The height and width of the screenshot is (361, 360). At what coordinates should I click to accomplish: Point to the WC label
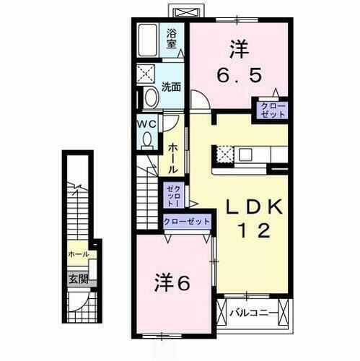pyautogui.click(x=147, y=123)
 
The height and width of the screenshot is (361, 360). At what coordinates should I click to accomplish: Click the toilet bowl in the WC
pyautogui.click(x=148, y=141)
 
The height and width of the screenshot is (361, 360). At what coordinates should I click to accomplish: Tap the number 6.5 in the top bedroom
pyautogui.click(x=239, y=74)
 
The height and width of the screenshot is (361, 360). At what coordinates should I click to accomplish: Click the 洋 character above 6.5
pyautogui.click(x=239, y=48)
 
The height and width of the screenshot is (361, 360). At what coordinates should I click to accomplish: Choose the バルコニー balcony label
pyautogui.click(x=251, y=313)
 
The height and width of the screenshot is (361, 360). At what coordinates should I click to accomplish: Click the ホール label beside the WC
pyautogui.click(x=173, y=157)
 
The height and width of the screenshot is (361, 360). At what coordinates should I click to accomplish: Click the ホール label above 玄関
pyautogui.click(x=78, y=255)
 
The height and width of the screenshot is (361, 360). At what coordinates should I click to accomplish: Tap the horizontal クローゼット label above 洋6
pyautogui.click(x=187, y=222)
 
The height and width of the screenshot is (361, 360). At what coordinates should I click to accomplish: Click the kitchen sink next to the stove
pyautogui.click(x=245, y=154)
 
